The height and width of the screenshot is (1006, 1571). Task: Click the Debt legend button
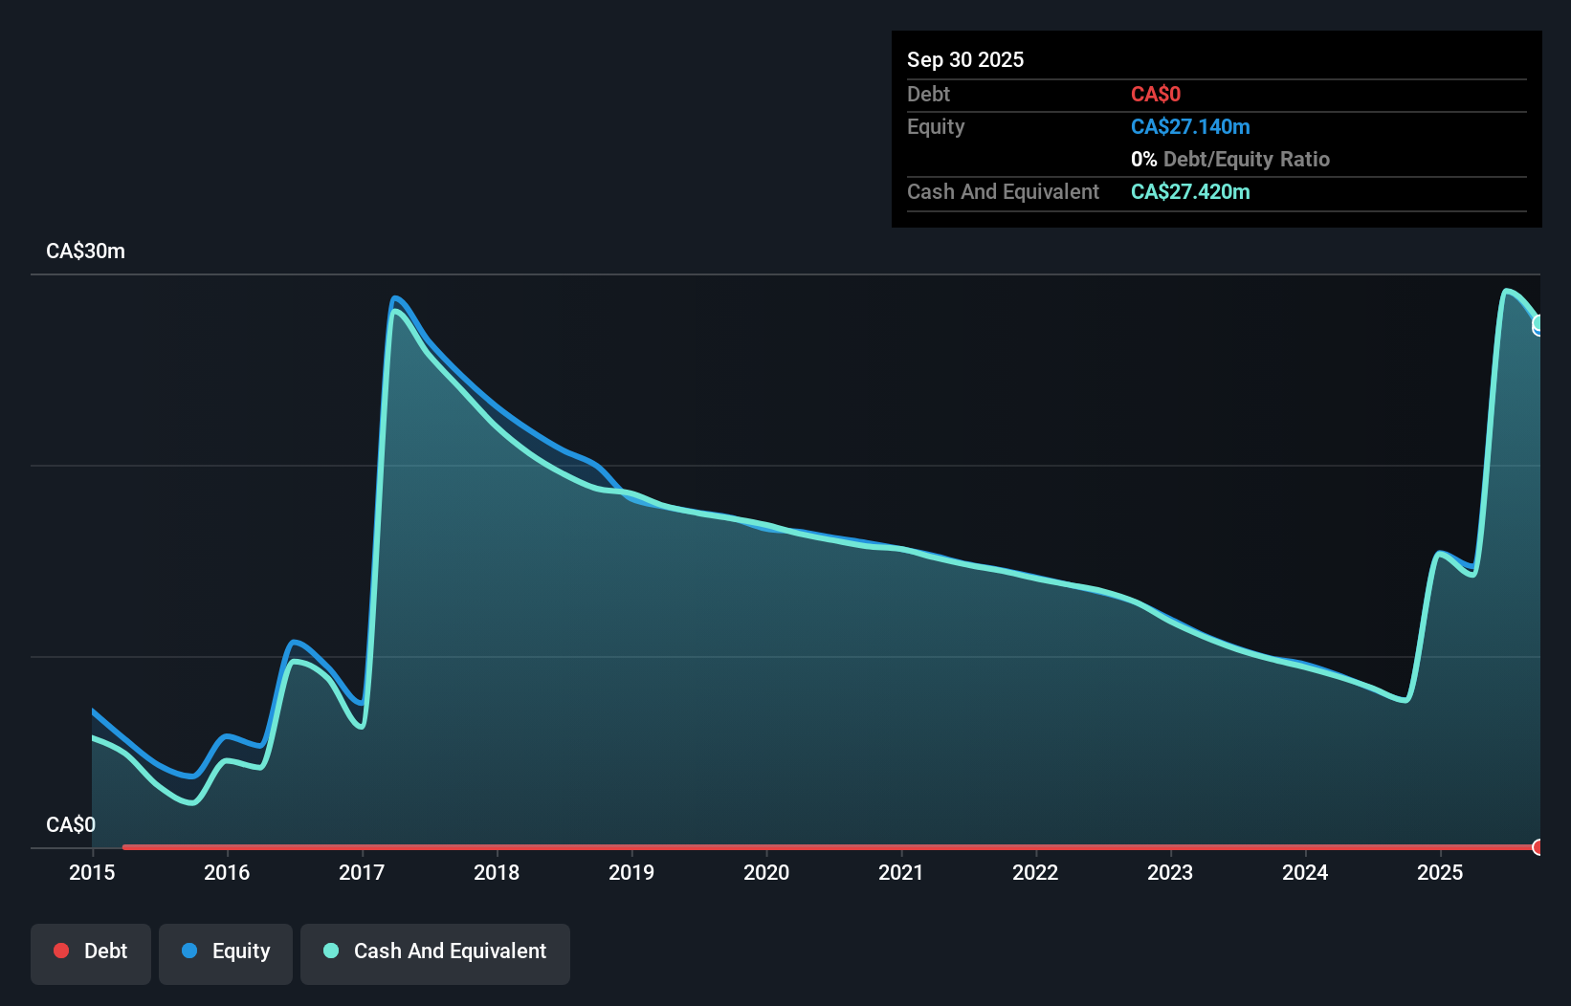pyautogui.click(x=91, y=951)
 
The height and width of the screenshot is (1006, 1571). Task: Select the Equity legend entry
pyautogui.click(x=226, y=951)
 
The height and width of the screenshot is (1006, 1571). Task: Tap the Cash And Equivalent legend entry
pyautogui.click(x=435, y=951)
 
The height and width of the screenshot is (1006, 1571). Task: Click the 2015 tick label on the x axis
pyautogui.click(x=92, y=872)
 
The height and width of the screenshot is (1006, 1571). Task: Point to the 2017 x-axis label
pyautogui.click(x=362, y=872)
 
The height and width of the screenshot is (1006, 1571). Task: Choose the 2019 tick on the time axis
pyautogui.click(x=631, y=872)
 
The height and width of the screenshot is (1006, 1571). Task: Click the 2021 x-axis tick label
pyautogui.click(x=901, y=872)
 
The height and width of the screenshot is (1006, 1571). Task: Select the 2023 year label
pyautogui.click(x=1170, y=872)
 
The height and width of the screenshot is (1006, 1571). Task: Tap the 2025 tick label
pyautogui.click(x=1440, y=872)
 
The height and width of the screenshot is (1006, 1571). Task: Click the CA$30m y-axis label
pyautogui.click(x=85, y=251)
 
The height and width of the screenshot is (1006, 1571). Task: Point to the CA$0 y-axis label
pyautogui.click(x=71, y=824)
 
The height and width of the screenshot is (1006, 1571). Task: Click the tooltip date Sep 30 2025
pyautogui.click(x=965, y=59)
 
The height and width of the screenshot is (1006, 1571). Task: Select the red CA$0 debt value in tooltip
pyautogui.click(x=1156, y=94)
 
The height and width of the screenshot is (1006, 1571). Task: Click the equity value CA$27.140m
pyautogui.click(x=1190, y=126)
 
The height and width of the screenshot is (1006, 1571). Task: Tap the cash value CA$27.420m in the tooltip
pyautogui.click(x=1190, y=191)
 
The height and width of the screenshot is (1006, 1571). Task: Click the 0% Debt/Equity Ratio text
pyautogui.click(x=1230, y=159)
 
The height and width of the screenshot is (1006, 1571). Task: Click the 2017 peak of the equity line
pyautogui.click(x=395, y=298)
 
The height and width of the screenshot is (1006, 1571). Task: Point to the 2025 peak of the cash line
pyautogui.click(x=1506, y=290)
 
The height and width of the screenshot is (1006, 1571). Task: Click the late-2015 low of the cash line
pyautogui.click(x=191, y=802)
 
